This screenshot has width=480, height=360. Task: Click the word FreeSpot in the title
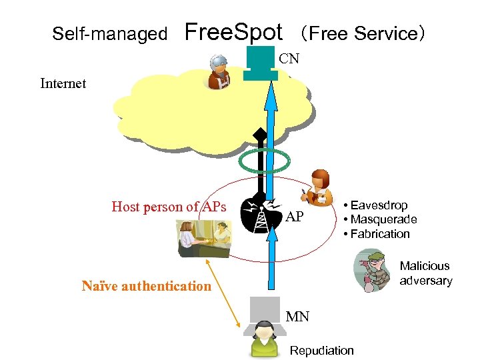coord(233,31)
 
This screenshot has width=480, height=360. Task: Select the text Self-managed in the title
coord(109,33)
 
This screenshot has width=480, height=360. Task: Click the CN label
coord(289,59)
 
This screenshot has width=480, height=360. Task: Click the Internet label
coord(63,83)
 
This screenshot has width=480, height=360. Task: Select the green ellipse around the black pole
coord(265,161)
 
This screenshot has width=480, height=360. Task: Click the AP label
coord(295,217)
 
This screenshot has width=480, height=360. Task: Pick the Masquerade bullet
coord(379,219)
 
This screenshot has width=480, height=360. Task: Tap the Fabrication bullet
coord(376,233)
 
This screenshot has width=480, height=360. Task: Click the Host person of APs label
coord(169,207)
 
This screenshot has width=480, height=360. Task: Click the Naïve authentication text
coord(146,286)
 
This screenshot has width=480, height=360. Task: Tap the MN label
coord(297,316)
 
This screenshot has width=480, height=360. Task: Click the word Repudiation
coord(322,350)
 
